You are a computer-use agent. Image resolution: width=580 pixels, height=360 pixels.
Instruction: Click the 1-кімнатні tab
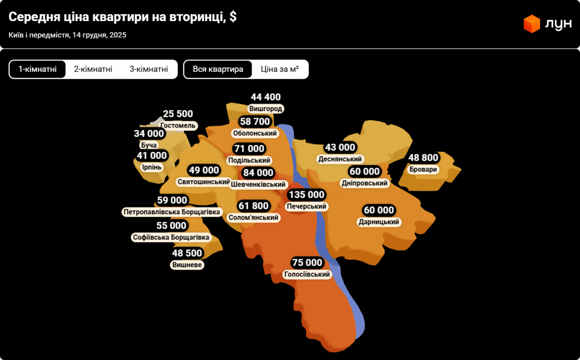37,69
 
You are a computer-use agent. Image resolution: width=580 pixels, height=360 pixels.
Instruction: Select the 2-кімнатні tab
93,69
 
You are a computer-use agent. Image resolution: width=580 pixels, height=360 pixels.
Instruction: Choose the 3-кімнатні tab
149,69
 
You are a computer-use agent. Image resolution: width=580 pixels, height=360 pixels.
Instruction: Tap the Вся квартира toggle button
218,69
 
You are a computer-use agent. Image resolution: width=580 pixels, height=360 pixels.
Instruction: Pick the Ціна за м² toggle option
280,69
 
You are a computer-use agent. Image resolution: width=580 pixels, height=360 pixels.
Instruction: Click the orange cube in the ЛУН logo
532,24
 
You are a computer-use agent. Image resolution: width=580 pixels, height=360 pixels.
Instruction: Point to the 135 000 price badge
306,195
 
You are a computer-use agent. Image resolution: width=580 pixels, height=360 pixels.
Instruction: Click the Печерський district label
306,206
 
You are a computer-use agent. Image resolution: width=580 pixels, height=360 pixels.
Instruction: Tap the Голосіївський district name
307,274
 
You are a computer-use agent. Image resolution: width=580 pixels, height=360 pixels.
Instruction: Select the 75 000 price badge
307,262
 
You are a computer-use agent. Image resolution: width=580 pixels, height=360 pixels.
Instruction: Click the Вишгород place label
266,109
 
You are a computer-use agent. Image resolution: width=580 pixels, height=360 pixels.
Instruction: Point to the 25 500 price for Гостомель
178,114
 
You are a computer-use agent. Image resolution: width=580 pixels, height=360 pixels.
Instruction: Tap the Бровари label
423,169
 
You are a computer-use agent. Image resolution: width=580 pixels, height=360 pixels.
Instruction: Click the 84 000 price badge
258,173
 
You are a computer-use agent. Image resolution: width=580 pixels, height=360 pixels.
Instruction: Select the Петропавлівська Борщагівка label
171,212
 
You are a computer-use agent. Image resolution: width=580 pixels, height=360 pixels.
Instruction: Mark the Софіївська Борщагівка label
171,238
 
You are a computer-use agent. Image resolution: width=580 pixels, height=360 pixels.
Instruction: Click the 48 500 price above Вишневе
187,253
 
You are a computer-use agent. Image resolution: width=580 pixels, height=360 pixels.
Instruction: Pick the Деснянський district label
340,159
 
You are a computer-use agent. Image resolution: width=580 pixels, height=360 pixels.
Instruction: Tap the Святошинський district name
204,181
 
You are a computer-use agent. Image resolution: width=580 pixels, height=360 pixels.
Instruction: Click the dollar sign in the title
233,17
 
